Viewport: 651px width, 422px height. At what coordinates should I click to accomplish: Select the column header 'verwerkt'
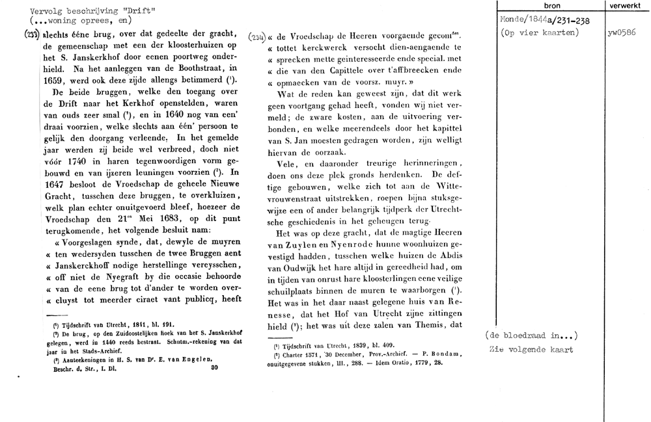pos(626,5)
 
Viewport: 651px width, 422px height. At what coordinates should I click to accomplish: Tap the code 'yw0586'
pos(620,33)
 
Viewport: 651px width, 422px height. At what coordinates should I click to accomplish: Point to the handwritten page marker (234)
pos(256,38)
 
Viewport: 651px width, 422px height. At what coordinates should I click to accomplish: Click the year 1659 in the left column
pos(55,79)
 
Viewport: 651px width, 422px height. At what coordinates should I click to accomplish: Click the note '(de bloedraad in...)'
pos(531,336)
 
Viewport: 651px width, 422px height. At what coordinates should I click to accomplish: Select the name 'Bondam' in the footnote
pos(447,354)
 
